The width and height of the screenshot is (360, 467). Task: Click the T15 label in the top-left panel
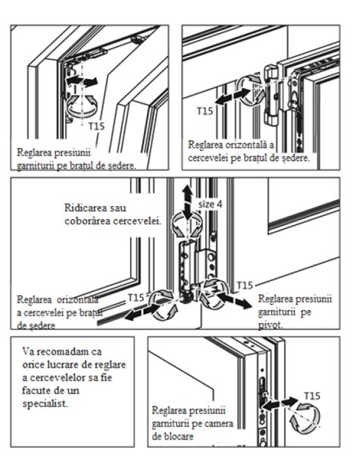tap(97, 127)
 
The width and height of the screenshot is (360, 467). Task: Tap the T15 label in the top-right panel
tap(205, 111)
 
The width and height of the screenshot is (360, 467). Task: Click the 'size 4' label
tap(210, 204)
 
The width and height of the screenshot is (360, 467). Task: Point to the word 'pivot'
tap(270, 325)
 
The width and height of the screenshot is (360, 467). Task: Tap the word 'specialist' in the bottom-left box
tap(45, 404)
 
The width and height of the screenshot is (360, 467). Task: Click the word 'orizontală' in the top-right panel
tap(246, 145)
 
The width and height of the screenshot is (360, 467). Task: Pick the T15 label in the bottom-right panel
tap(311, 396)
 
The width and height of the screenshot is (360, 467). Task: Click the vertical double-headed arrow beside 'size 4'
tap(187, 202)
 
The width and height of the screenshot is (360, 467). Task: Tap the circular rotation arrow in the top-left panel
tap(82, 106)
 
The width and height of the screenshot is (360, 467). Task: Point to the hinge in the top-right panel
tap(271, 95)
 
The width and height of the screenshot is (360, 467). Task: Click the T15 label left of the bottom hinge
tap(136, 297)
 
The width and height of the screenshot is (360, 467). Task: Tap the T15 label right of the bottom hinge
tap(245, 286)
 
